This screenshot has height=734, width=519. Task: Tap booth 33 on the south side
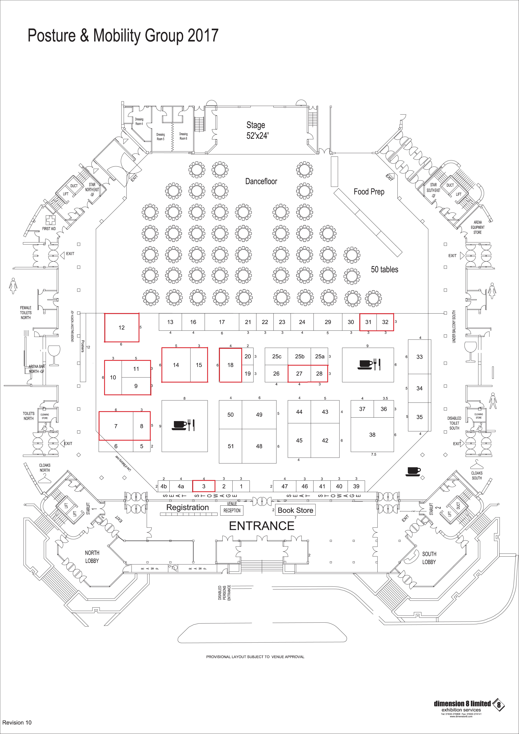(x=419, y=357)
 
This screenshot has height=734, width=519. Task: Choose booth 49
(x=259, y=415)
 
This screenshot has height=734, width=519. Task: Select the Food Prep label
(x=369, y=192)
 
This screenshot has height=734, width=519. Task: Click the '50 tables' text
(x=384, y=270)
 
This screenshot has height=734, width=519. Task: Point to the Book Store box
(x=295, y=510)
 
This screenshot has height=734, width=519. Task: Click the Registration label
(x=187, y=507)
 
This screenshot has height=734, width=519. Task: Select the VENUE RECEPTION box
(x=232, y=510)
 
